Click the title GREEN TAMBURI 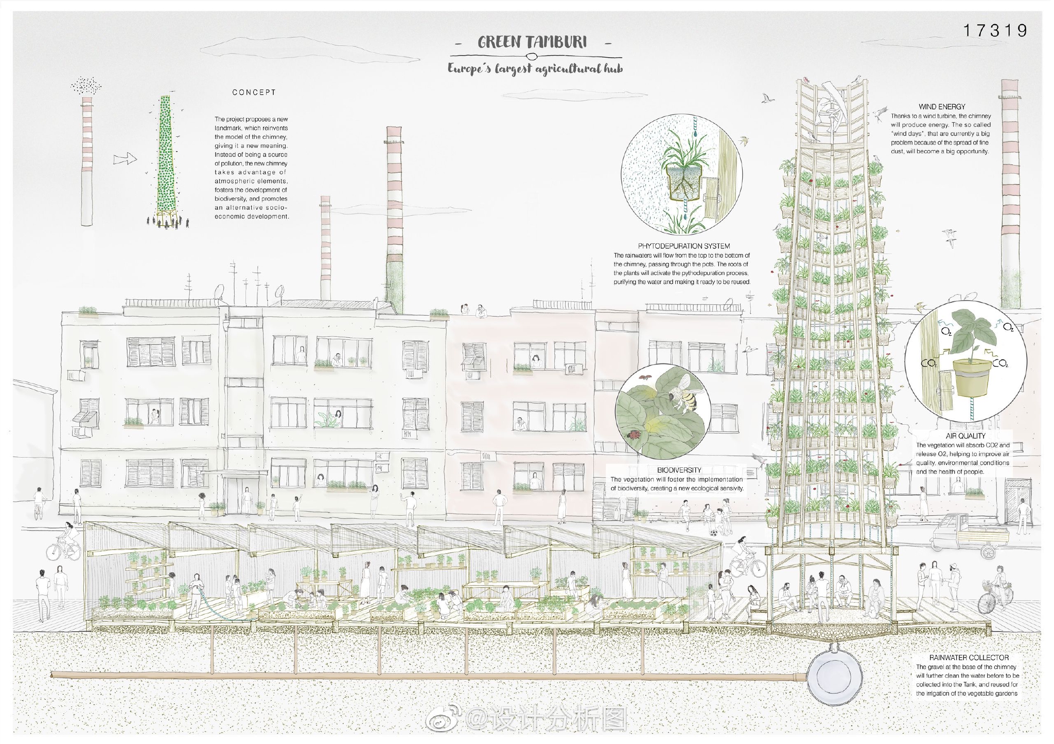532,42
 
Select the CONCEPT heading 254,93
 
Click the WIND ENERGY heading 941,107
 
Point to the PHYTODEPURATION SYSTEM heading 684,246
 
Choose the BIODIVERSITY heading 679,470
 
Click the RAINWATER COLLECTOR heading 969,657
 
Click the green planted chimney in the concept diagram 165,159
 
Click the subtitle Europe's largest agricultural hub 535,68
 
